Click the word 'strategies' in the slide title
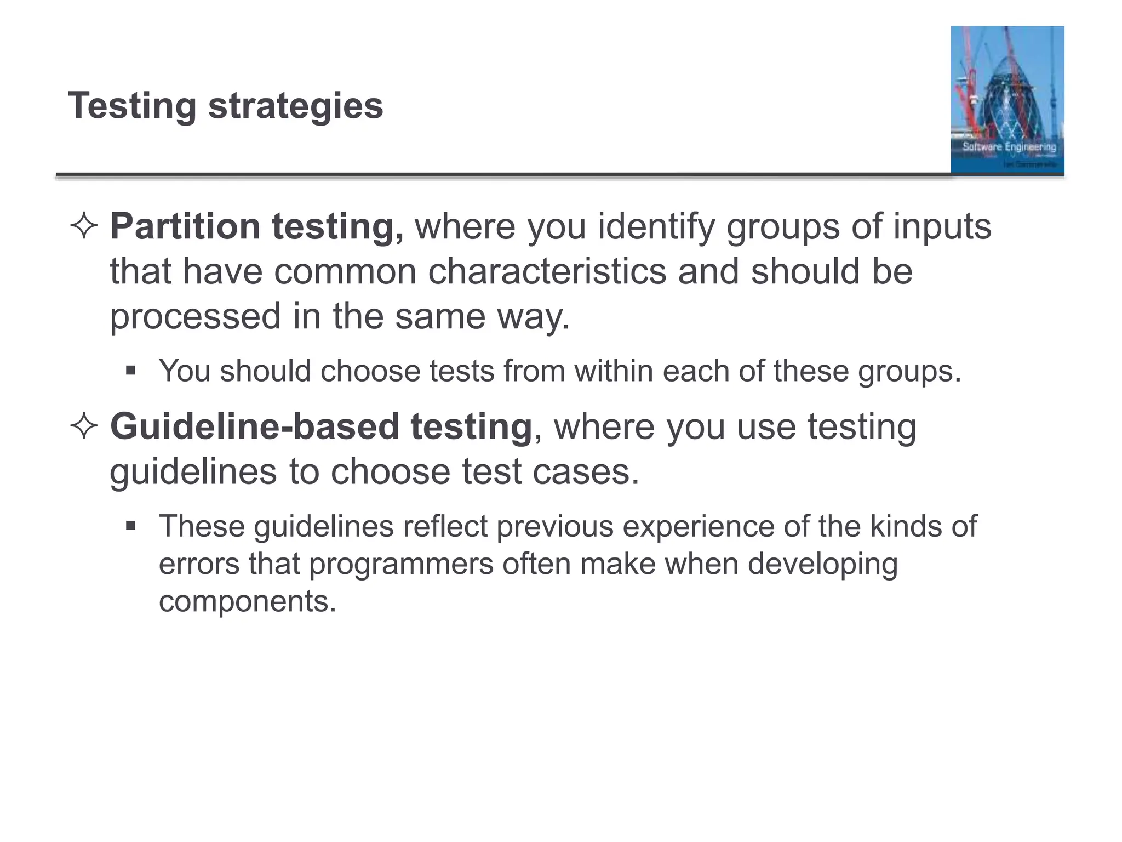[295, 106]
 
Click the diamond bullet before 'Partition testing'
[84, 226]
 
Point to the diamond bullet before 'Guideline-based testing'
[84, 426]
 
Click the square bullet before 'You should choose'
[130, 371]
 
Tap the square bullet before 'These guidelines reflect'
[130, 526]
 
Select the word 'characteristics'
[547, 271]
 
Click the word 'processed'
[195, 317]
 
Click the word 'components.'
[247, 601]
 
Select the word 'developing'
[822, 564]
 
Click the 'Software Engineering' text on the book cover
[1009, 147]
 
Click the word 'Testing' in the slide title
[132, 106]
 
